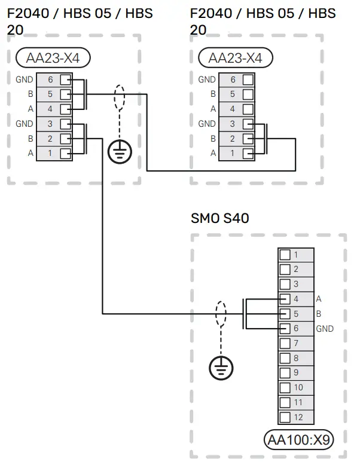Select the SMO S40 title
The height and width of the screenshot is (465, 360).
click(219, 219)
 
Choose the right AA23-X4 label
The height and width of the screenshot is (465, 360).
click(235, 58)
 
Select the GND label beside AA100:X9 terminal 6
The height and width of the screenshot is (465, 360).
click(325, 329)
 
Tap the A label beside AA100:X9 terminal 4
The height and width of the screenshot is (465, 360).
click(318, 299)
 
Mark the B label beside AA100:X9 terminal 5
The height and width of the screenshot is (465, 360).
click(318, 314)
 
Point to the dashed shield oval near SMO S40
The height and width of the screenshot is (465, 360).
click(221, 313)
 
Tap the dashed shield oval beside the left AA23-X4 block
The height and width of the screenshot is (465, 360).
click(120, 98)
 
